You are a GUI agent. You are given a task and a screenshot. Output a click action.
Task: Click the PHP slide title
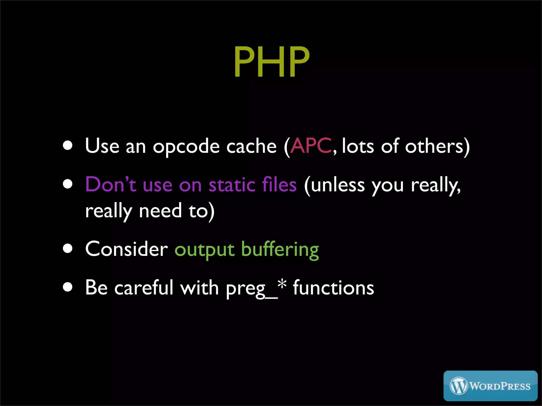271,62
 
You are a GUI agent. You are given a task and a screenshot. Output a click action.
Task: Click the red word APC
311,146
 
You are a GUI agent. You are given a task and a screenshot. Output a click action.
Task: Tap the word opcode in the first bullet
186,147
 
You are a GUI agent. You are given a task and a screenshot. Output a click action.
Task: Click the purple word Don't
111,184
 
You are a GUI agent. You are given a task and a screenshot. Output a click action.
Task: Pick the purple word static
232,184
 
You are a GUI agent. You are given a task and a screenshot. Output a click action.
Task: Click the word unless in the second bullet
338,185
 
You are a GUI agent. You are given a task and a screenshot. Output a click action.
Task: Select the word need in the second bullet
160,211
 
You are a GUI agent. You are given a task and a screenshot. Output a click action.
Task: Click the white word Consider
127,249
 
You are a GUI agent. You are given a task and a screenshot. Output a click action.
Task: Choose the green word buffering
280,250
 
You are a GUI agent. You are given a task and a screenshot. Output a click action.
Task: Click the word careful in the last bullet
144,287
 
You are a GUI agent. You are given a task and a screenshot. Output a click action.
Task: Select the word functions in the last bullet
333,288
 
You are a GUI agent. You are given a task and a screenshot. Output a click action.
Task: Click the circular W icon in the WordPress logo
459,386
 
